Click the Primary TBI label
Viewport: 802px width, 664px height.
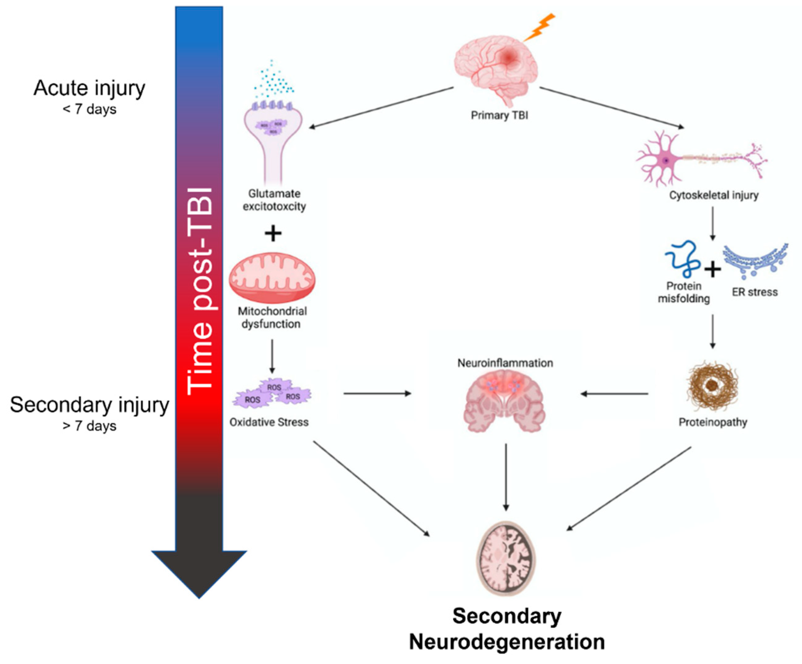point(499,115)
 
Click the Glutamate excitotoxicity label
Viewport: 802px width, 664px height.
point(274,200)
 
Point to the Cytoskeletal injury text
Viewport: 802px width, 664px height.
point(714,196)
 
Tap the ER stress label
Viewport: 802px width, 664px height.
point(755,292)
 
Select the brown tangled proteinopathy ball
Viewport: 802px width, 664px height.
point(711,386)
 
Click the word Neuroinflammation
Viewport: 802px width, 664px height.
point(505,363)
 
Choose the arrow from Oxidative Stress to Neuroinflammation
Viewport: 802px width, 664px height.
point(377,393)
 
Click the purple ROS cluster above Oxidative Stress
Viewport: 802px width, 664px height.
point(272,393)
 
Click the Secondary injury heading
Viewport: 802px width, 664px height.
point(89,405)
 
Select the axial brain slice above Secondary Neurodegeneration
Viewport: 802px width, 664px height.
point(506,559)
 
